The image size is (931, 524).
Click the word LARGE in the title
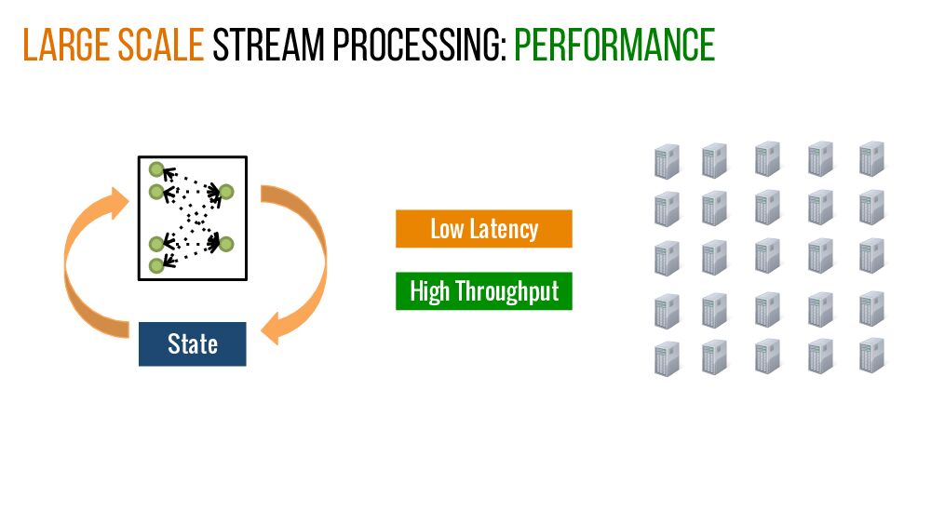(64, 46)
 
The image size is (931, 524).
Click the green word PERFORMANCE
(614, 46)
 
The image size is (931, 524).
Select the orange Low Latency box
(483, 229)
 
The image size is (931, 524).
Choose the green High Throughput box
(483, 291)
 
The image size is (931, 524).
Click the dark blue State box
(192, 344)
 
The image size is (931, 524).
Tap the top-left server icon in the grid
(667, 160)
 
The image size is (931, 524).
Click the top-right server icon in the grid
(872, 158)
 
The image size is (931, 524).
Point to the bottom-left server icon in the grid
(667, 358)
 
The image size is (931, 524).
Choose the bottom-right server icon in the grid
(872, 355)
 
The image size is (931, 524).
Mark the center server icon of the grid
(768, 256)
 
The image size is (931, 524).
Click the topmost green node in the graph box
(156, 169)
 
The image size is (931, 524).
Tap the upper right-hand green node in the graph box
(226, 193)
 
